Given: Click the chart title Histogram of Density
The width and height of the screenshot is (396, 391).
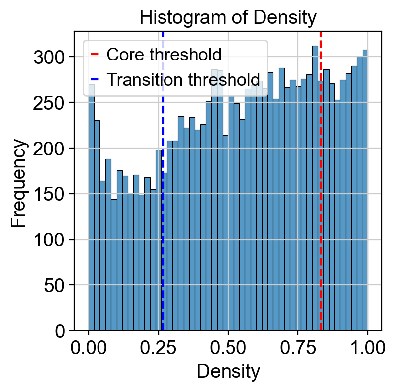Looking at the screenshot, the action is [x=228, y=18].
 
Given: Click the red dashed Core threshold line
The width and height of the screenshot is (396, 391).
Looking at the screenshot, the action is [x=320, y=181].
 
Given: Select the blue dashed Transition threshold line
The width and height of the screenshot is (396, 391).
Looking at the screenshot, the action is [x=163, y=181].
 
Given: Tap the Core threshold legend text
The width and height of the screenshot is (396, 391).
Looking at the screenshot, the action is [x=164, y=55].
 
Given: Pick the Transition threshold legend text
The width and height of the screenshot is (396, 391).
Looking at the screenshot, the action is [x=183, y=79].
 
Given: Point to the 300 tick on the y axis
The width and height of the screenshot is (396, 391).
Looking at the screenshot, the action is [x=49, y=57].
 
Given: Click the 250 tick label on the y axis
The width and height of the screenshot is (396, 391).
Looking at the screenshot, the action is [x=49, y=103].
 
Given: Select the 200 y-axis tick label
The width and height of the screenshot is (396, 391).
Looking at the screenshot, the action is [x=49, y=149].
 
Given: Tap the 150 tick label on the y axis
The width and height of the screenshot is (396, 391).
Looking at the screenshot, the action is [x=49, y=194].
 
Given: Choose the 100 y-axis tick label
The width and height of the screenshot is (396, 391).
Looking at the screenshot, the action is [x=49, y=240].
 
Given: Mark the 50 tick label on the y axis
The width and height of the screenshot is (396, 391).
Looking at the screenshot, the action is [x=54, y=285].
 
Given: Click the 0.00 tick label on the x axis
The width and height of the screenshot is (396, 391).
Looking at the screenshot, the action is [x=89, y=348].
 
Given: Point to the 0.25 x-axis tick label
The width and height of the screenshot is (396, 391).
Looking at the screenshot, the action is [x=158, y=348].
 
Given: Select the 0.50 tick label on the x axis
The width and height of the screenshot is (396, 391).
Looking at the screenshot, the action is [x=228, y=348].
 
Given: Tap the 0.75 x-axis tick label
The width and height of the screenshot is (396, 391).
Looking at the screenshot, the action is [x=298, y=348].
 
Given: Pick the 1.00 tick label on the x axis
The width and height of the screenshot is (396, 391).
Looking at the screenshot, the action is [x=368, y=348].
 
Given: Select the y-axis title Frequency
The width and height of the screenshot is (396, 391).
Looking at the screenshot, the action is [x=18, y=183].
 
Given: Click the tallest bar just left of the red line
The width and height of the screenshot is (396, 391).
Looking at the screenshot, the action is [x=315, y=188].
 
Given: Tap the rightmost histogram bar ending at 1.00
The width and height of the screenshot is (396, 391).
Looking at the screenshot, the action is [x=365, y=190].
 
